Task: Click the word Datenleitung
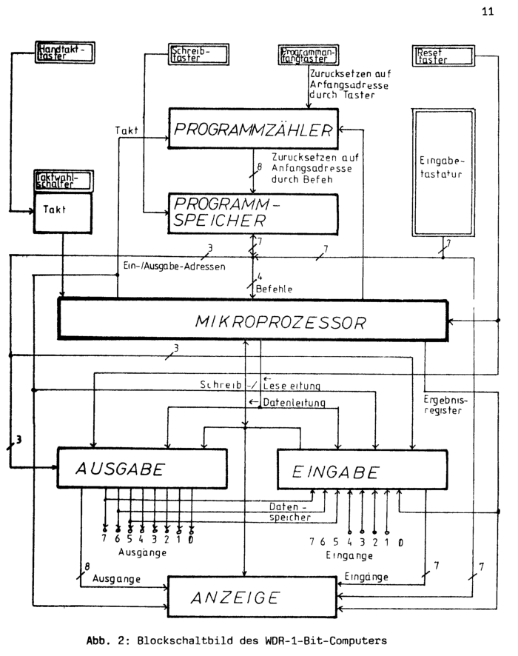click(x=294, y=403)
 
